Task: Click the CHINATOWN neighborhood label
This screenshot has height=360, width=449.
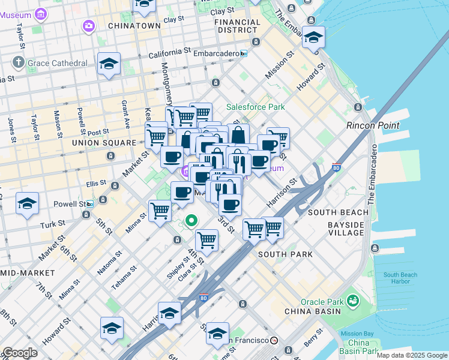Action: point(134,26)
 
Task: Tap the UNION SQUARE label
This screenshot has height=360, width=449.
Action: point(104,143)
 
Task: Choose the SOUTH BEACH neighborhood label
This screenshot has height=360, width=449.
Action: point(338,212)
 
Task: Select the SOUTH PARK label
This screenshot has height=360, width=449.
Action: point(285,254)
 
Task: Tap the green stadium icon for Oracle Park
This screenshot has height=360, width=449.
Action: point(353,299)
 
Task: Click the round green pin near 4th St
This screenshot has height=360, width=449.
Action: point(191,221)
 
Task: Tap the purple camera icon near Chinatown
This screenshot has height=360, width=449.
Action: point(89,25)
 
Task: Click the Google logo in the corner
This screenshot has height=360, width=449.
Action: point(20,353)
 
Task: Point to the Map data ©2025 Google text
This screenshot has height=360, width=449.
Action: point(412,355)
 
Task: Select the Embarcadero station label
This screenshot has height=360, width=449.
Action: point(215,53)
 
